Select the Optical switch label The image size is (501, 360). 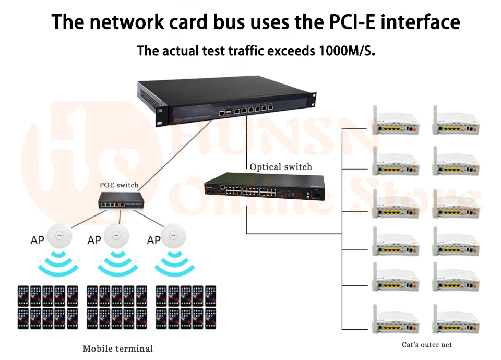(281, 167)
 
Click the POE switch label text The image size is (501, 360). (119, 185)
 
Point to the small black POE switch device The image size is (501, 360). (120, 200)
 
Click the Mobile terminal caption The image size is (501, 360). (118, 349)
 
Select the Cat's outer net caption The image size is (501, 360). (427, 344)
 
